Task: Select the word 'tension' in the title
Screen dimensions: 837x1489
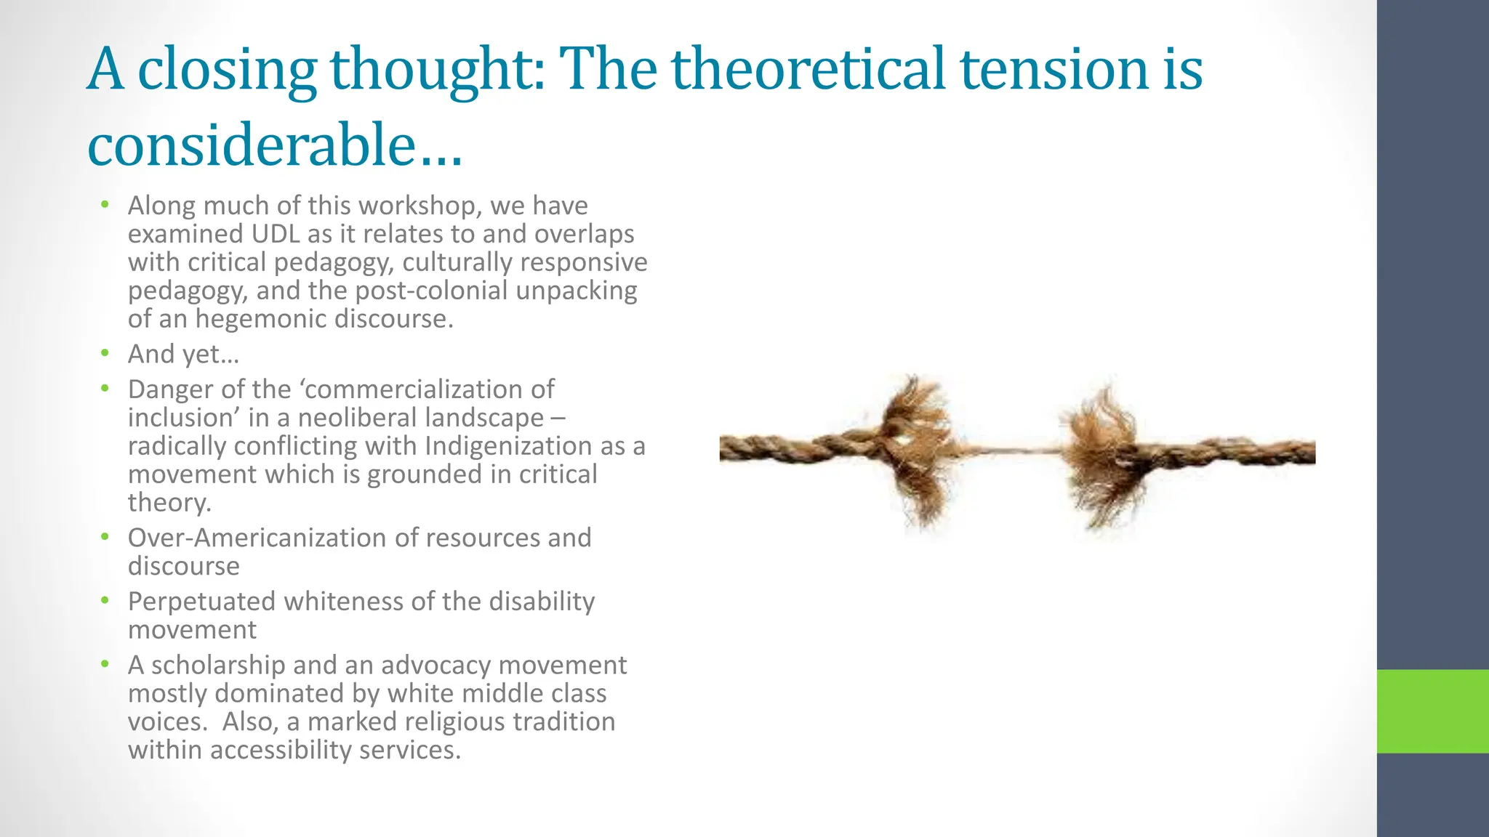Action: (x=1054, y=69)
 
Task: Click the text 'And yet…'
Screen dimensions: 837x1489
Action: (x=183, y=355)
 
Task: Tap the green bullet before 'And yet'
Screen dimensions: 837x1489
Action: (x=105, y=354)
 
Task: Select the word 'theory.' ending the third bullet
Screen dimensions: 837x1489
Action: (x=169, y=503)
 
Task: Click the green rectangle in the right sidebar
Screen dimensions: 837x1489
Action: (x=1432, y=711)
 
